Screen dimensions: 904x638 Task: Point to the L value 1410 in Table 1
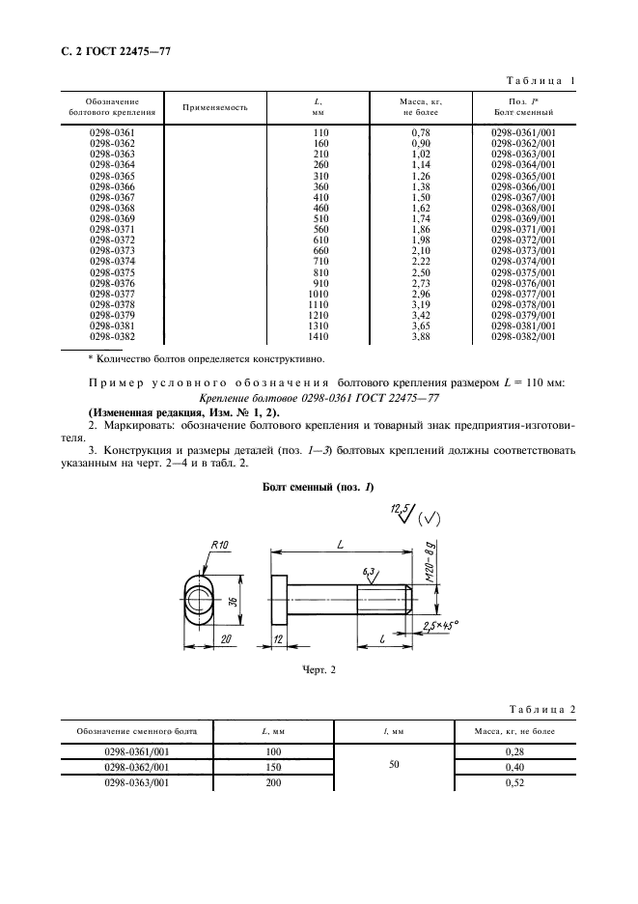[x=317, y=336]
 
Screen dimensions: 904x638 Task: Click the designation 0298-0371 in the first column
[x=112, y=228]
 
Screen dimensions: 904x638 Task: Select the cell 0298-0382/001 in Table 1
[x=523, y=336]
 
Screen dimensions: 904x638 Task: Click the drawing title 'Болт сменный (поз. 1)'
[x=318, y=488]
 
